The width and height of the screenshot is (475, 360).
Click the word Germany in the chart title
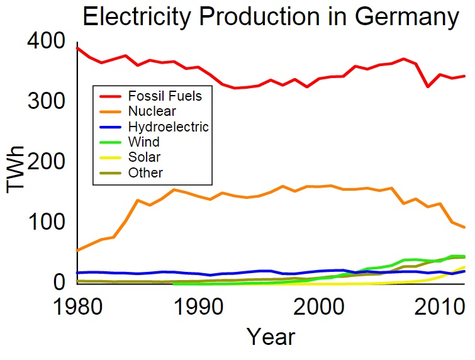[406, 18]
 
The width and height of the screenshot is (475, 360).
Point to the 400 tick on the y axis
[45, 43]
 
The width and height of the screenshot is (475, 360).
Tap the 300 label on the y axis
[45, 101]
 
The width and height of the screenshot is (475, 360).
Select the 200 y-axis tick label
[45, 162]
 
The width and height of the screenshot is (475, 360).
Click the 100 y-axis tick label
[45, 222]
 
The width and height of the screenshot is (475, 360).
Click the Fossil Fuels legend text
[165, 96]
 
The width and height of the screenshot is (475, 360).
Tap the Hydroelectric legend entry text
[168, 127]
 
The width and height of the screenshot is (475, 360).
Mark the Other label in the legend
[145, 172]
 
